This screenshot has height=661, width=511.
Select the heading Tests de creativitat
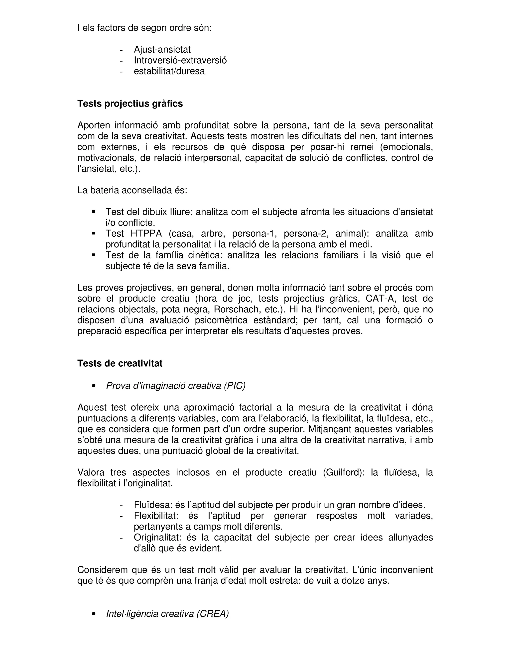coord(120,363)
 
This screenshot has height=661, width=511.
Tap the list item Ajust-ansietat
coord(162,49)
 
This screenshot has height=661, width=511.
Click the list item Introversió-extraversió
coord(180,60)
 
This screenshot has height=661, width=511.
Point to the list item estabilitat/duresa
coord(169,71)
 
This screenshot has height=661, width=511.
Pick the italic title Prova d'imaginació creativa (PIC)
coord(176,386)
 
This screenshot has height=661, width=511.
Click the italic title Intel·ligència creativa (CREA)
coord(167,614)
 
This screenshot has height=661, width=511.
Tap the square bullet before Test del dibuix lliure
coord(94,212)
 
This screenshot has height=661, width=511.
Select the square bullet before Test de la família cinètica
coord(94,255)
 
